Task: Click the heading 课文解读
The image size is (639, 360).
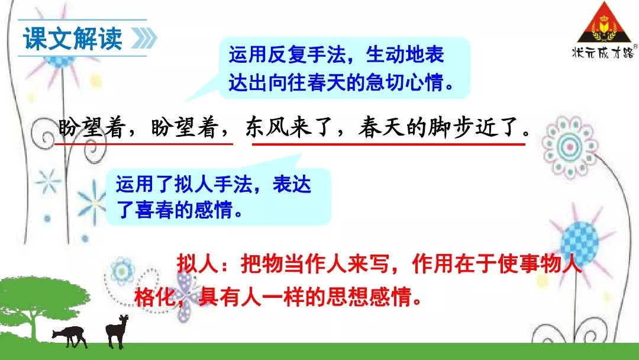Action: coord(73,39)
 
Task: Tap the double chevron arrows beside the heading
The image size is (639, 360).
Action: coord(144,38)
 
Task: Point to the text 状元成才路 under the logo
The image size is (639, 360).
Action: coord(603,53)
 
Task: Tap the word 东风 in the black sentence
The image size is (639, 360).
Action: coord(266,127)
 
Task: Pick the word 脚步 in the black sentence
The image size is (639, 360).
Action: coord(451,127)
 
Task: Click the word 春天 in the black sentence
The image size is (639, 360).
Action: coord(382,127)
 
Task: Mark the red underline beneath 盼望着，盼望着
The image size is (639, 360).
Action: coord(143,143)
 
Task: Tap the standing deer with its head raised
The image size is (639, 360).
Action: coord(117,331)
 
